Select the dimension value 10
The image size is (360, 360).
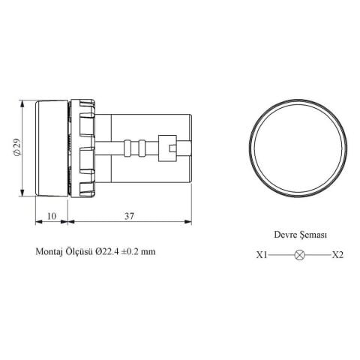[52, 216]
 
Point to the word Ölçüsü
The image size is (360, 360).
[85, 253]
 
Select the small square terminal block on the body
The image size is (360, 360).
[173, 147]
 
